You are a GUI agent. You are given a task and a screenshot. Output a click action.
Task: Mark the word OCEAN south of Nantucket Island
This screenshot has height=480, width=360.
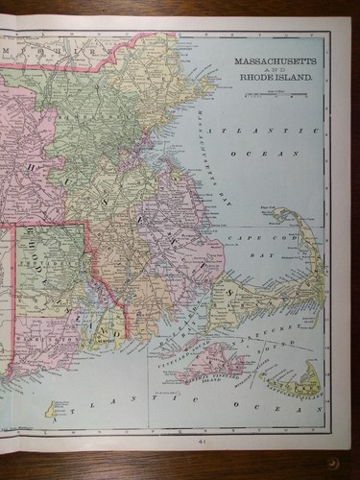[288, 420]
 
